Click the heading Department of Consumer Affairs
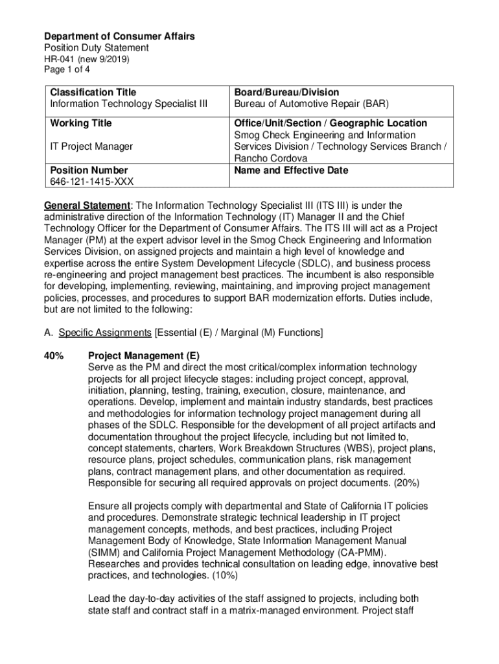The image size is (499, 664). click(x=119, y=36)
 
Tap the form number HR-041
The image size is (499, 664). click(x=59, y=59)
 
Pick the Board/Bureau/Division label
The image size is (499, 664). click(x=286, y=93)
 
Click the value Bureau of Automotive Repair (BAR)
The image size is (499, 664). click(x=311, y=104)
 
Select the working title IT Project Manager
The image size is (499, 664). click(x=91, y=147)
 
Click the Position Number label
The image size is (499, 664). click(x=89, y=171)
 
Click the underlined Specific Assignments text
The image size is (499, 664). click(x=105, y=333)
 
